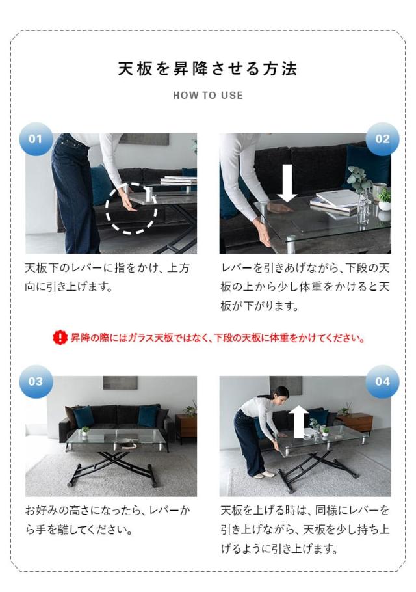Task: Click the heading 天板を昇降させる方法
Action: tap(208, 68)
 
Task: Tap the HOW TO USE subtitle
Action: tap(208, 96)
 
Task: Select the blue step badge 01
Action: tap(36, 139)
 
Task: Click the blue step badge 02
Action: tap(382, 139)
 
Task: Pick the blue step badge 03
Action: tap(36, 381)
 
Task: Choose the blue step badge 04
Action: tap(382, 381)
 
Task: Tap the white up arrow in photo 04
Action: tap(298, 420)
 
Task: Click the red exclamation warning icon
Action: tap(60, 338)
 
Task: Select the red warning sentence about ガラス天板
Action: tap(218, 338)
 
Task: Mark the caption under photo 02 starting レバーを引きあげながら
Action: tap(305, 287)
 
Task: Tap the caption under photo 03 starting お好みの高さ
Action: tap(107, 520)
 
